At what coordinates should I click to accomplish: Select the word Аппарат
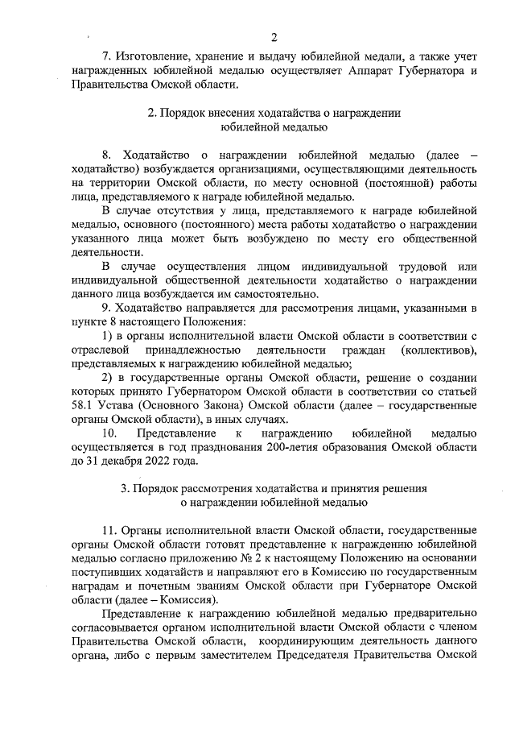coord(373,71)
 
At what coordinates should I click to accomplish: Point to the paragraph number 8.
coord(107,154)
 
